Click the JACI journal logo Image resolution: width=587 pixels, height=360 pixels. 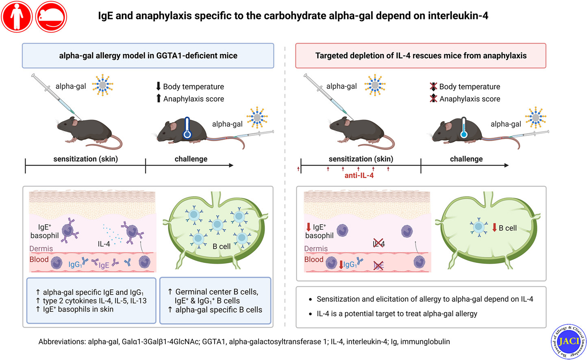(568, 341)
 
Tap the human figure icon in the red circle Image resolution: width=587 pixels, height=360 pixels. (17, 17)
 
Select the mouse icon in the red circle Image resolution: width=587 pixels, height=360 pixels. (51, 17)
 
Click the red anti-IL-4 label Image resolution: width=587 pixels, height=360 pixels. (359, 176)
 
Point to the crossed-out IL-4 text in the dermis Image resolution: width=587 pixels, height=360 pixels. (378, 244)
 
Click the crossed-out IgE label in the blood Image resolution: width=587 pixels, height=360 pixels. (378, 266)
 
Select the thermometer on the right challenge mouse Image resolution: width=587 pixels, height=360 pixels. (464, 128)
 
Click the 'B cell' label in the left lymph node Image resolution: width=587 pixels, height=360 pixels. (222, 246)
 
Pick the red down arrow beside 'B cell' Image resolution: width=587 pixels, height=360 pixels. (494, 228)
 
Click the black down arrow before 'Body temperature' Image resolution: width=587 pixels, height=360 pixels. (159, 86)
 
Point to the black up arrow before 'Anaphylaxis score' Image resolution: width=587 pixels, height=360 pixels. (159, 98)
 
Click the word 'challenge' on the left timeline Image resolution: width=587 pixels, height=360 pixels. (191, 159)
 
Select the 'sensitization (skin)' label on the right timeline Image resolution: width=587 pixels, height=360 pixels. (361, 159)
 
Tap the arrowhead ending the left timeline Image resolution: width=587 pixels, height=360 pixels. (231, 165)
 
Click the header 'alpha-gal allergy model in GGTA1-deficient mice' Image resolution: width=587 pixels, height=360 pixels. (148, 56)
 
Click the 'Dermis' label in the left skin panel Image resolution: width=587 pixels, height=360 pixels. (41, 249)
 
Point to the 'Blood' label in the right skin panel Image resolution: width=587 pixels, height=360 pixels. (314, 259)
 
